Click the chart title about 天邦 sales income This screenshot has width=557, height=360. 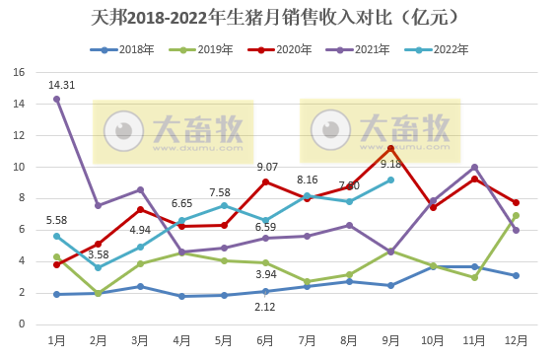pos(279,19)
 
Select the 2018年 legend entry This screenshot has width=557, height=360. pos(134,49)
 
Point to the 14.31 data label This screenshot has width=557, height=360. pos(62,85)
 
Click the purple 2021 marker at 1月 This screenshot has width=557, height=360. pos(56,99)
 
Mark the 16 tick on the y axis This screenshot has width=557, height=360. pos(19,72)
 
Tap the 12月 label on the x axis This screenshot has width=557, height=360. pos(517,340)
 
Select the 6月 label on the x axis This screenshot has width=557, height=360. pos(265,340)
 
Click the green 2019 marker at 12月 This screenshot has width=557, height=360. pos(517,215)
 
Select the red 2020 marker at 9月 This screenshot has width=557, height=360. pos(390,148)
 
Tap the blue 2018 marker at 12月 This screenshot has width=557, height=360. pos(517,275)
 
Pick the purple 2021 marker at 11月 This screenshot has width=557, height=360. pos(474,167)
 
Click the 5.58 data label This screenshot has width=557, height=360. pos(56,220)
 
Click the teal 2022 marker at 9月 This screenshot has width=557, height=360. pos(390,180)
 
